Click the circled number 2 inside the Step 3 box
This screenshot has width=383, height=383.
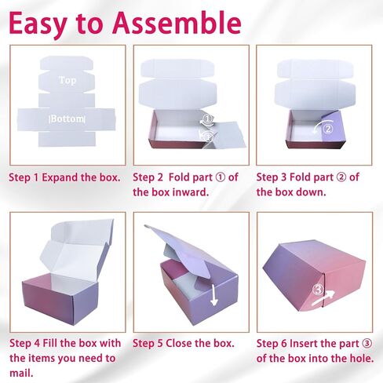pyautogui.click(x=328, y=129)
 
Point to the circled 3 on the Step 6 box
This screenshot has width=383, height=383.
pyautogui.click(x=318, y=289)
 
